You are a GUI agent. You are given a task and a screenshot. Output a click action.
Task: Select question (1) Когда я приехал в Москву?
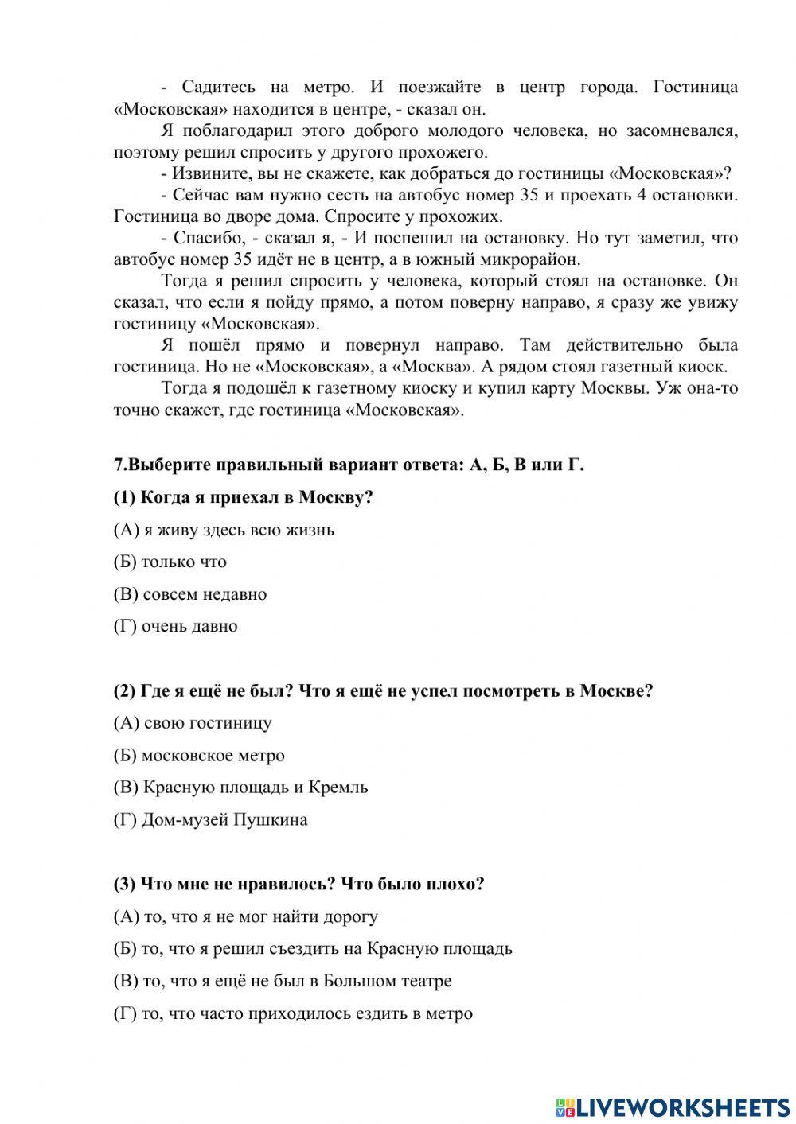click(244, 497)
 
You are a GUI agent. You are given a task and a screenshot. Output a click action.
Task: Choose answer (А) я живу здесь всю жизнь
click(224, 530)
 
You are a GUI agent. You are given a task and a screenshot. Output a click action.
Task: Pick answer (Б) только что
click(170, 562)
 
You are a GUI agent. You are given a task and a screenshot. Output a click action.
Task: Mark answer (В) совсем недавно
click(190, 594)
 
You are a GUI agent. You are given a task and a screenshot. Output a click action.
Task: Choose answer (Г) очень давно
click(176, 626)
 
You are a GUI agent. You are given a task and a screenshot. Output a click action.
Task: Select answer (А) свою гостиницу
click(193, 723)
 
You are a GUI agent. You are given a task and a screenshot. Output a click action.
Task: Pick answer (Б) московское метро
click(199, 756)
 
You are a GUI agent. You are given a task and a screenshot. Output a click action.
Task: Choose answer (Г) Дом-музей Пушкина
click(211, 819)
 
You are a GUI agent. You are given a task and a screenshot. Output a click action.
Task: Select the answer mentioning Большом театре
click(283, 981)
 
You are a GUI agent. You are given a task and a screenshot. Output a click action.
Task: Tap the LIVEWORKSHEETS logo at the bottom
click(673, 1106)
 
